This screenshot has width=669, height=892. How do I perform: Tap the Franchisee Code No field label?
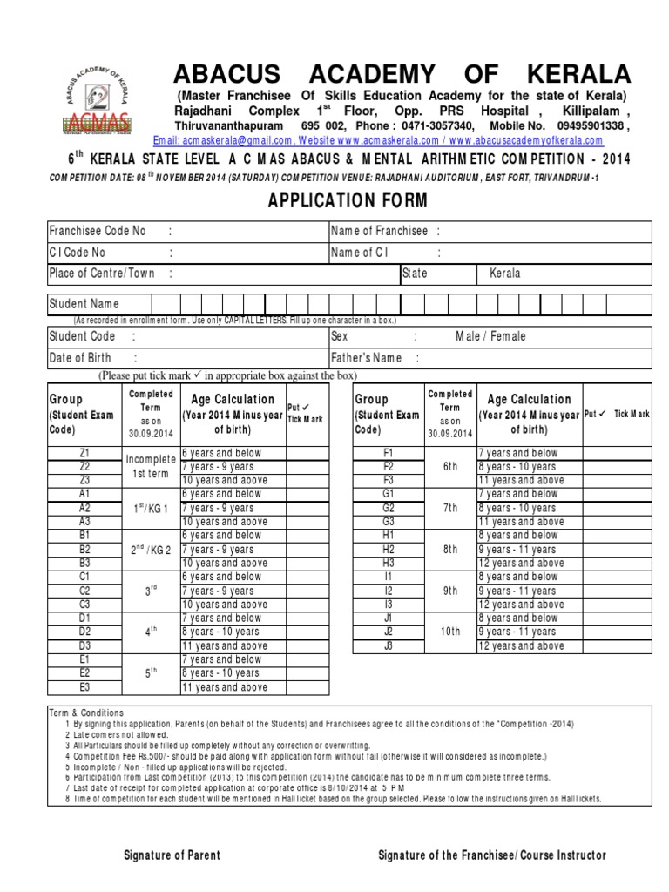point(98,231)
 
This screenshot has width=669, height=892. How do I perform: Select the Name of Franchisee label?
point(379,231)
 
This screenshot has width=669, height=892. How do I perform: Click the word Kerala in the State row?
point(505,274)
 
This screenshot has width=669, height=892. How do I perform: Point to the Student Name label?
point(84,304)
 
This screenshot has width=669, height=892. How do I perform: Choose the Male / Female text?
point(490,336)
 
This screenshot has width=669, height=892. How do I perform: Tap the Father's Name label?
point(366,358)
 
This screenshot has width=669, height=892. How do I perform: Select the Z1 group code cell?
point(84,453)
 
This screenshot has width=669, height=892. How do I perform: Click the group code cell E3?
point(84,687)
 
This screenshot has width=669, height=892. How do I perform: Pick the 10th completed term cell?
point(449,632)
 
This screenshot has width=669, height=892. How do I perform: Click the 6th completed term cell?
point(449,467)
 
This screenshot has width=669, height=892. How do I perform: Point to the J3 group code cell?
point(389,646)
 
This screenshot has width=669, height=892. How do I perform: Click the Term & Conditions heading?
point(86,713)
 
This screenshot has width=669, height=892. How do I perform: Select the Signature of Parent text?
point(172,855)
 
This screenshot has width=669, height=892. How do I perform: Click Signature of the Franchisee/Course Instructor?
point(492,855)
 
